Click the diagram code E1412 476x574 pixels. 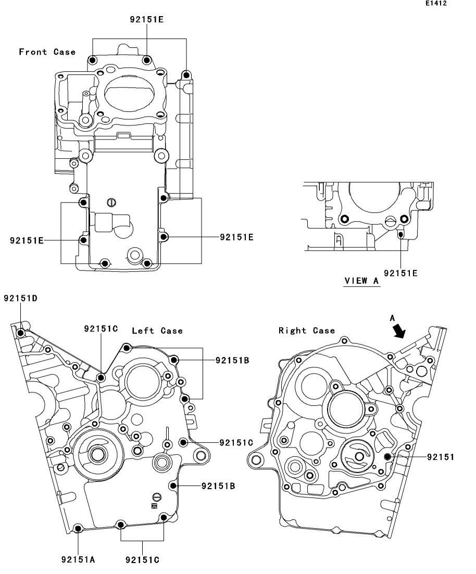point(436,3)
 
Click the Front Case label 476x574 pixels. point(47,52)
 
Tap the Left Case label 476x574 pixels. point(157,330)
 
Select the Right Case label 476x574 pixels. point(307,330)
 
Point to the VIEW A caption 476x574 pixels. point(361,281)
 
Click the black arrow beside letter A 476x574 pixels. point(399,331)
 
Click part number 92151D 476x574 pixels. point(20,298)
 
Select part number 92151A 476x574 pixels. point(78,559)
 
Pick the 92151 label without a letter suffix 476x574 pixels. point(441,457)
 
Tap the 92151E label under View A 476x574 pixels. point(400,273)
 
